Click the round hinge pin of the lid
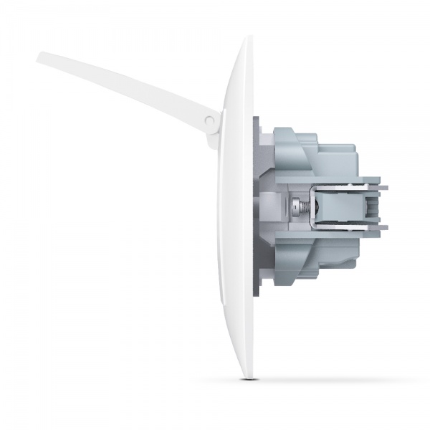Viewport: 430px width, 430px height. pos(209,123)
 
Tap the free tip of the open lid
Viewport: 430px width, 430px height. pos(42,57)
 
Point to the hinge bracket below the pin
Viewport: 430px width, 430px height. pos(213,138)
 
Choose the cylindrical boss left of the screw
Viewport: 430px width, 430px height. pos(277,208)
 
